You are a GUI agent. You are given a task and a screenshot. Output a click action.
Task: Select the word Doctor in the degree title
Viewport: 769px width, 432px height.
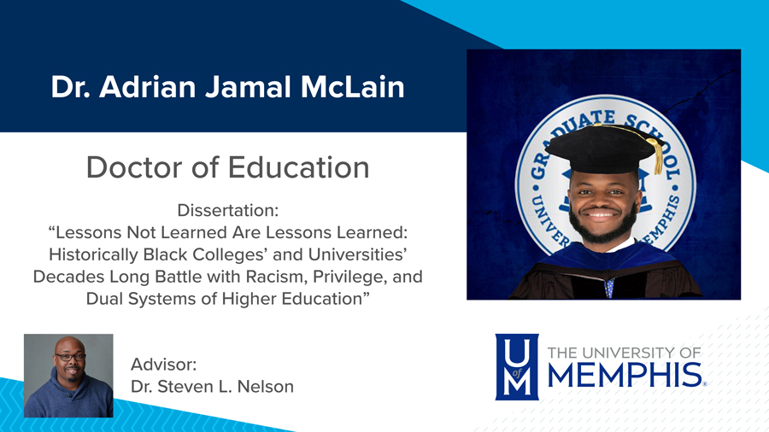[133, 166]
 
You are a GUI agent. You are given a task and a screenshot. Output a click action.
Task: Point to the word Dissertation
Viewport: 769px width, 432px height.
[227, 210]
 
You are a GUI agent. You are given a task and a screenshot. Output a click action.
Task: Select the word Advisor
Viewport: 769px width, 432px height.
[164, 364]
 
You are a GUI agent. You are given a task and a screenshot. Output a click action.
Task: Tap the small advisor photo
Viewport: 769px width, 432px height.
[68, 376]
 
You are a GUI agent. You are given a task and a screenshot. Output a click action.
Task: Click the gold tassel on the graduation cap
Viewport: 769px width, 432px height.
[657, 155]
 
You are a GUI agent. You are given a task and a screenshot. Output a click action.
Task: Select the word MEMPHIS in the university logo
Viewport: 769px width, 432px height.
[623, 375]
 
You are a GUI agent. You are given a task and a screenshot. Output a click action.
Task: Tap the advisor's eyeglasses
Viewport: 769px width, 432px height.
[68, 357]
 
